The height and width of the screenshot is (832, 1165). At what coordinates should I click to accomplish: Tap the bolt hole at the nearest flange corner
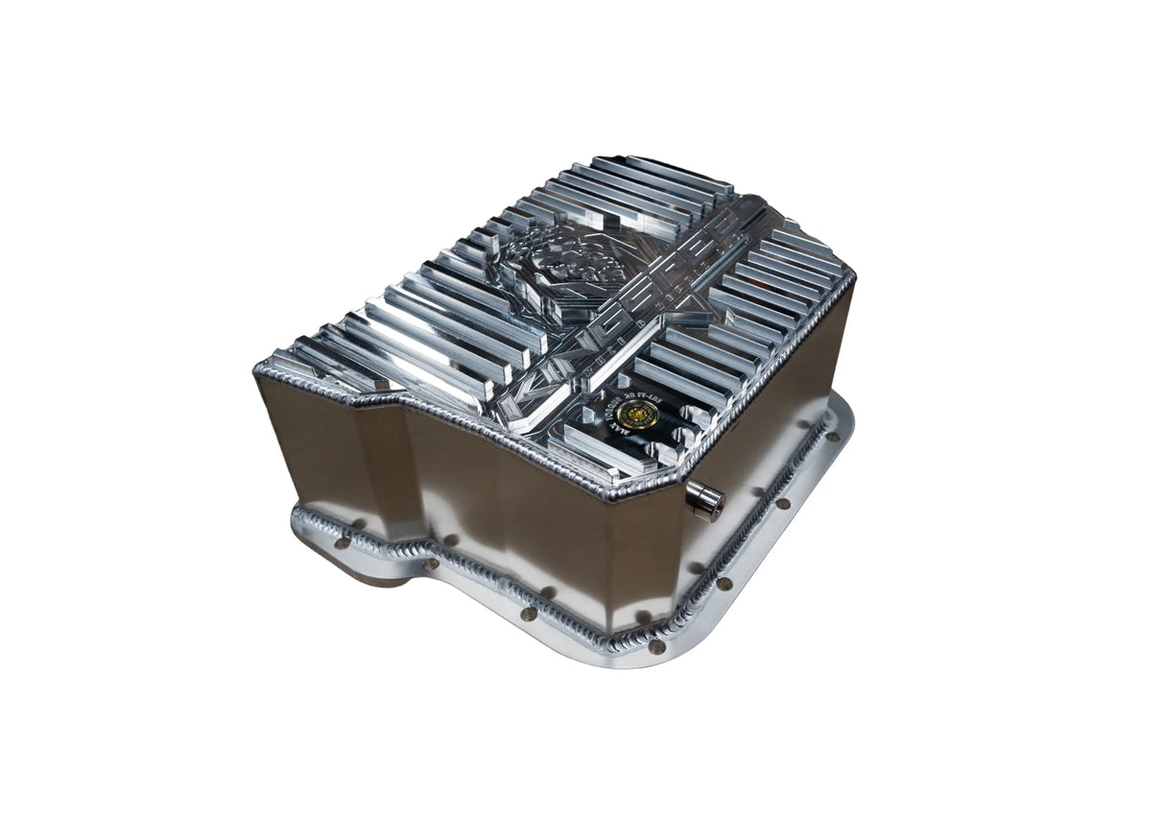[656, 647]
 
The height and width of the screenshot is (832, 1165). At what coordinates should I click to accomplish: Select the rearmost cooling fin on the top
[662, 173]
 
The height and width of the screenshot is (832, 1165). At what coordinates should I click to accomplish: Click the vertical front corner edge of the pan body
[614, 557]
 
